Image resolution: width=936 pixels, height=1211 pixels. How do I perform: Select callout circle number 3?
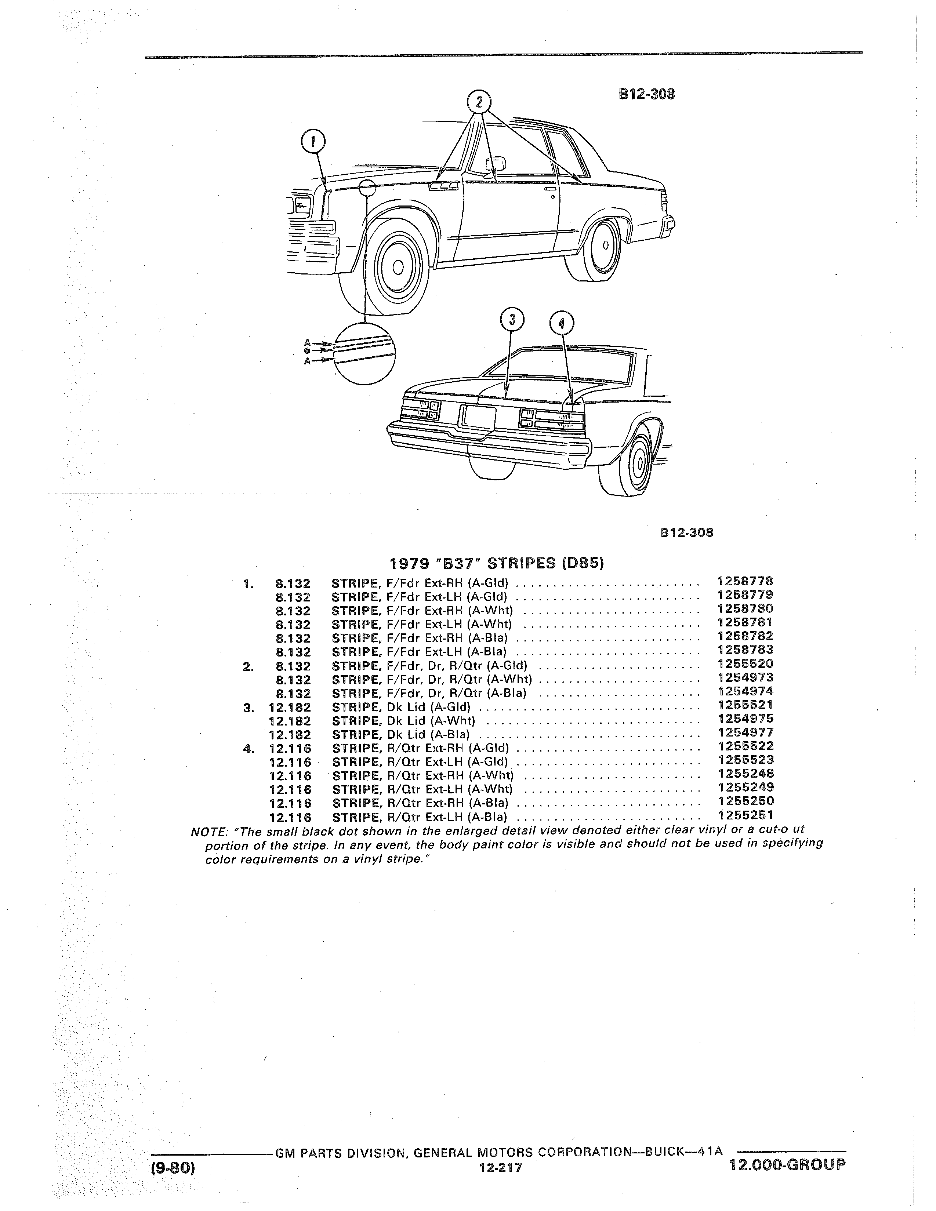point(512,320)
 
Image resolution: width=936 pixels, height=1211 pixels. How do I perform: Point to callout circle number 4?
point(561,323)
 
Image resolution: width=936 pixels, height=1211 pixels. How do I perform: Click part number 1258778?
point(745,582)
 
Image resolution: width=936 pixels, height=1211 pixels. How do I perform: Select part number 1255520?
point(745,664)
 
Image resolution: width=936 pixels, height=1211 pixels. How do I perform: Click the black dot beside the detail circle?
point(306,351)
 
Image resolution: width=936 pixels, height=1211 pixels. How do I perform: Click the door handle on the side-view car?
point(549,190)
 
